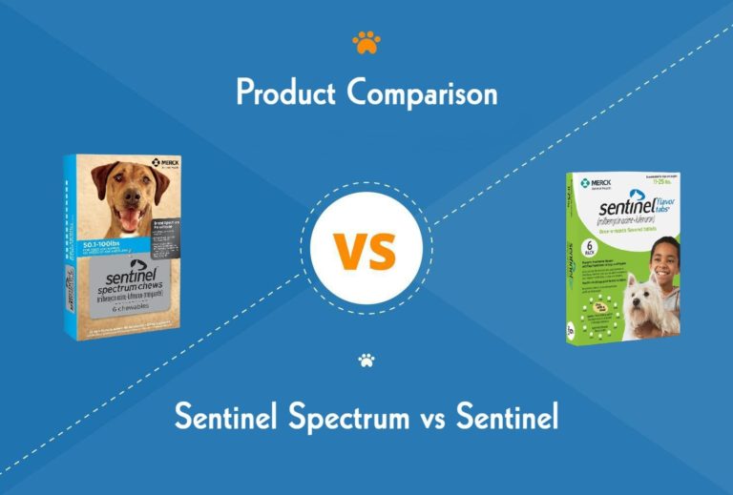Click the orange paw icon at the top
click(x=366, y=43)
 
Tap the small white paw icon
click(x=366, y=361)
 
